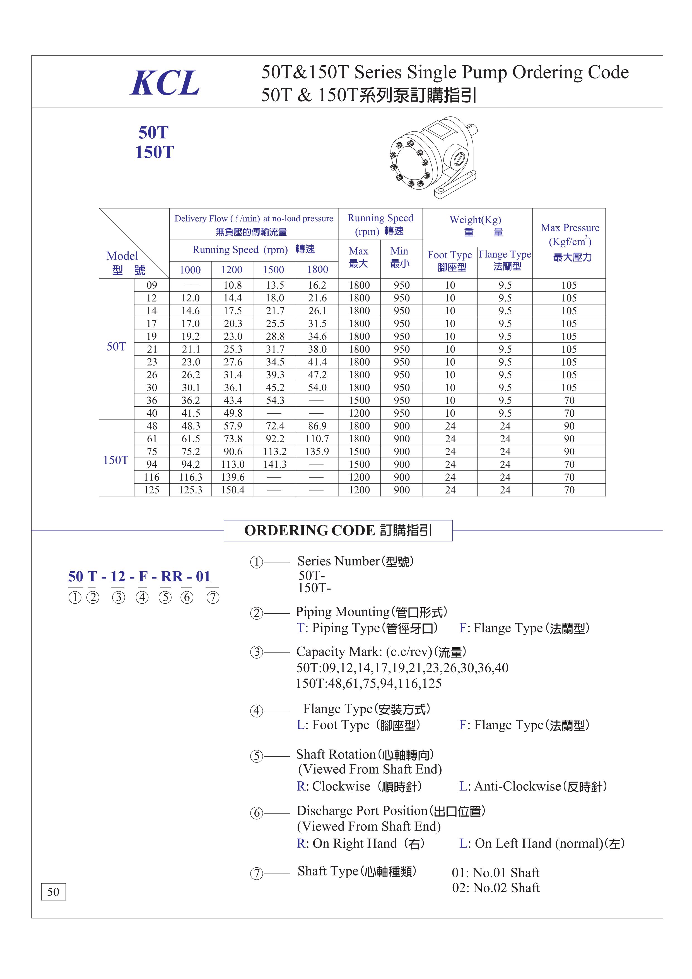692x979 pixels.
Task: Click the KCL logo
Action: coord(165,83)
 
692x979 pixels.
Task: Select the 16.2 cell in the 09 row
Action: coord(317,285)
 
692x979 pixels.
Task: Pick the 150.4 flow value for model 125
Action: coord(232,490)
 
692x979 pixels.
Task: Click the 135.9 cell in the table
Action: coord(317,452)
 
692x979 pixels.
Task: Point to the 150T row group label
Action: coord(116,460)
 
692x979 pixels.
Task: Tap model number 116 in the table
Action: coord(152,477)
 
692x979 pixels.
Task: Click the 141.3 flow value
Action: coord(275,464)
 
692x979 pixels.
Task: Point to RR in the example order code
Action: coord(172,577)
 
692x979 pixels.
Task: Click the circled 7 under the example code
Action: coord(213,598)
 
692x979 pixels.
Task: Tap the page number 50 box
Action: coord(53,892)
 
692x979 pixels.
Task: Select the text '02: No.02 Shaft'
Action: coord(496,888)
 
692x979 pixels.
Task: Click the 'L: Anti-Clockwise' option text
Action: coord(533,786)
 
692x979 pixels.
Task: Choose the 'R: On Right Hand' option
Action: coord(360,843)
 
